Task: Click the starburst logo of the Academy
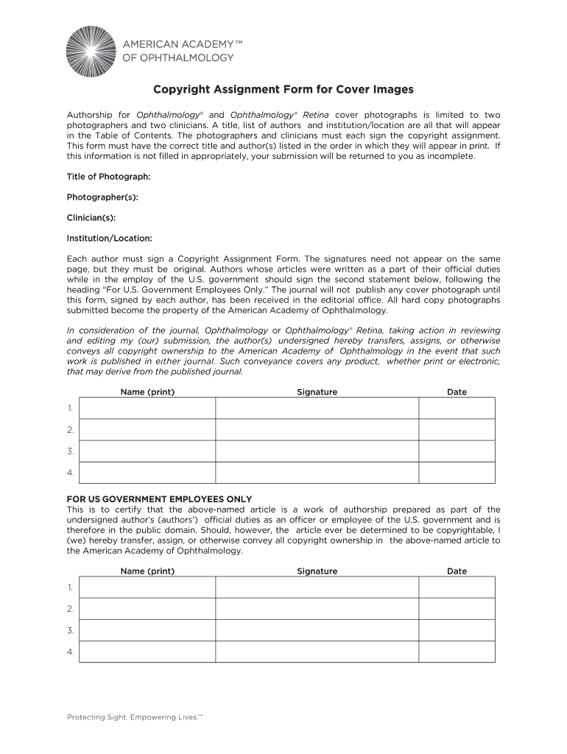[x=91, y=51]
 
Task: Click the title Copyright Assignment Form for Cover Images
[x=283, y=90]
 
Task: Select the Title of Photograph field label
[x=108, y=177]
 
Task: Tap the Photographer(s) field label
[x=102, y=197]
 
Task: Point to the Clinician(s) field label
[x=91, y=218]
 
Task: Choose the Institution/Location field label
[x=110, y=239]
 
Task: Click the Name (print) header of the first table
[x=147, y=392]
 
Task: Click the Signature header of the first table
[x=317, y=392]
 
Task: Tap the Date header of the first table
[x=457, y=392]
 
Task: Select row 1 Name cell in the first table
[x=147, y=408]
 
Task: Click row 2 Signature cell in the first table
[x=317, y=429]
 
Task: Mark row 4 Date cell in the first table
[x=457, y=473]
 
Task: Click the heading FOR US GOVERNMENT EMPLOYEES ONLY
[x=159, y=498]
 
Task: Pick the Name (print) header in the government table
[x=147, y=571]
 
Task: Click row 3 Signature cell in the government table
[x=317, y=630]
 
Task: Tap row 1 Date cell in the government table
[x=457, y=587]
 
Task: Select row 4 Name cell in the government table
[x=147, y=652]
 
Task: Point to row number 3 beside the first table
[x=71, y=451]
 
